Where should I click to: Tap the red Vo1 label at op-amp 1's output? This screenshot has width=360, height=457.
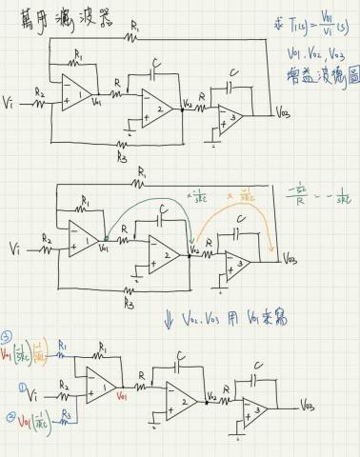pyautogui.click(x=121, y=393)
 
